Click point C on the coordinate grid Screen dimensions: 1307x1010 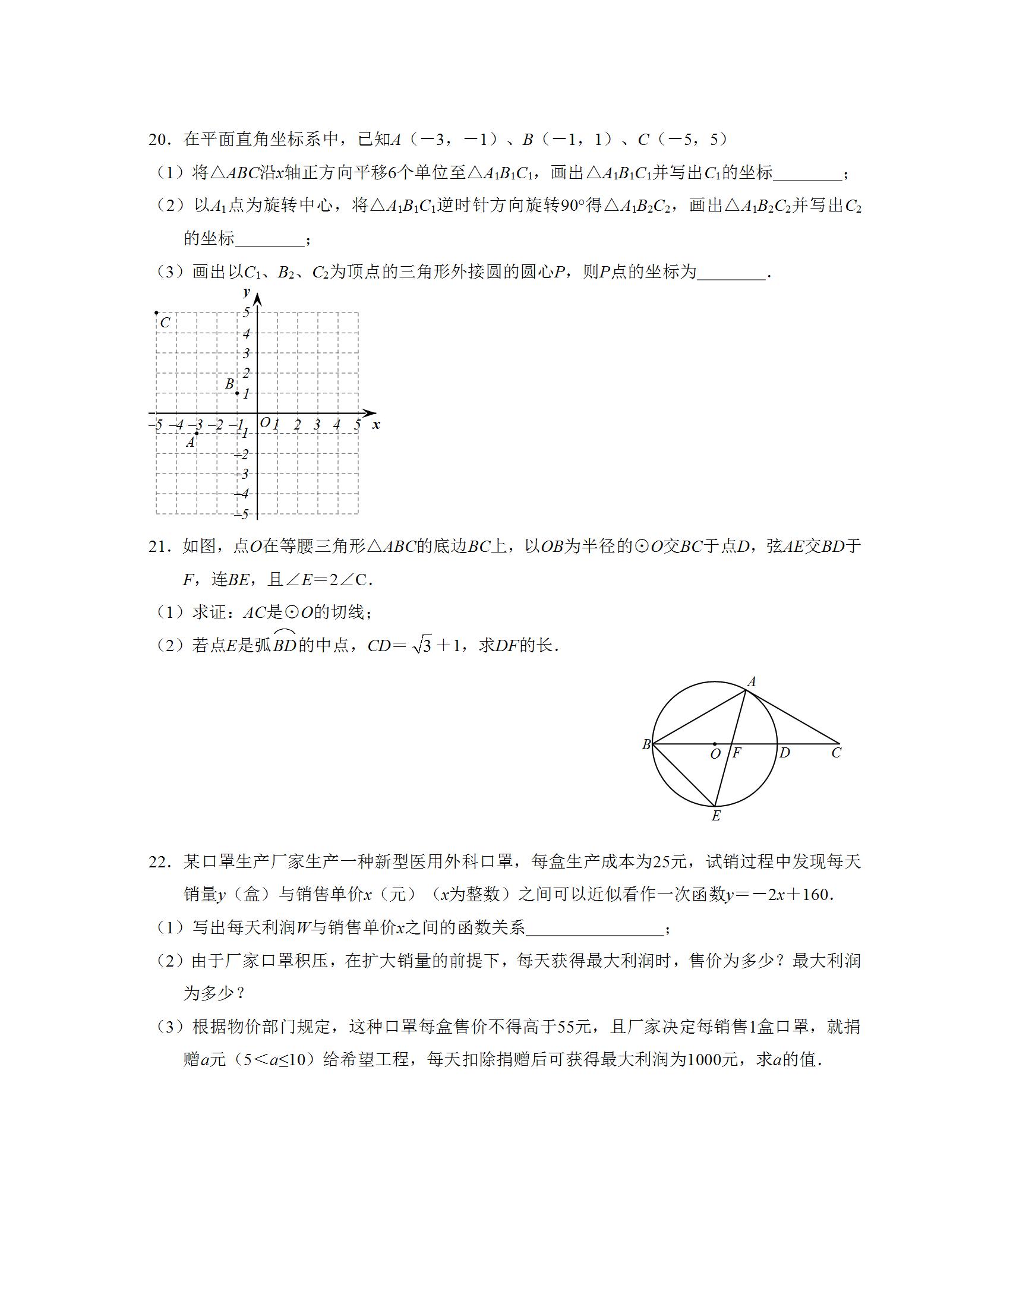[x=157, y=312]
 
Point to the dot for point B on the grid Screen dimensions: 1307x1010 [x=238, y=393]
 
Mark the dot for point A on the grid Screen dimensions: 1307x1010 [x=197, y=433]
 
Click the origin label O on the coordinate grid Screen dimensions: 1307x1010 [x=265, y=422]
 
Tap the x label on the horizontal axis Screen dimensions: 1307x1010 [x=375, y=425]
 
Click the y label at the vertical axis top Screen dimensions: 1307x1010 [x=247, y=292]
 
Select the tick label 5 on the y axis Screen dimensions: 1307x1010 [x=246, y=312]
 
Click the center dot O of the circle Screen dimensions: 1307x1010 [x=714, y=744]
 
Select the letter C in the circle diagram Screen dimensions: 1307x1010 [x=837, y=753]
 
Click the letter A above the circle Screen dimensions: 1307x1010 [x=752, y=681]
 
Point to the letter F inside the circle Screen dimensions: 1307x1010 [x=737, y=753]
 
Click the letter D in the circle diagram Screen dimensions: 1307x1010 [x=784, y=753]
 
